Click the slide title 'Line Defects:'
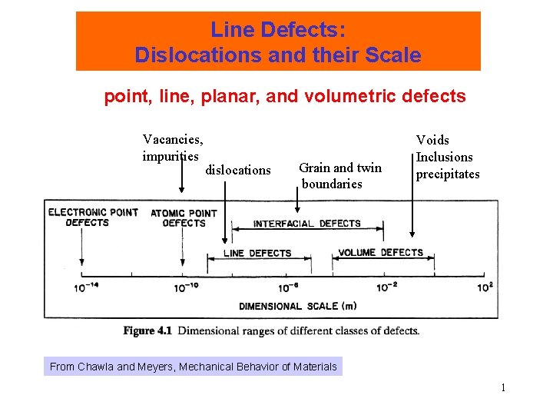pyautogui.click(x=278, y=31)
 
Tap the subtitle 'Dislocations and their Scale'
pyautogui.click(x=278, y=55)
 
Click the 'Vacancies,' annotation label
pyautogui.click(x=173, y=140)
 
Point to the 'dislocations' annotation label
pyautogui.click(x=238, y=170)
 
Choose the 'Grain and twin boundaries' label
pyautogui.click(x=339, y=176)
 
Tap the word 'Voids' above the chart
pyautogui.click(x=432, y=140)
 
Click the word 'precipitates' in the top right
pyautogui.click(x=448, y=174)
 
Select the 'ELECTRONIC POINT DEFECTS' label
pyautogui.click(x=93, y=217)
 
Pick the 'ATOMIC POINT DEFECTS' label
pyautogui.click(x=184, y=218)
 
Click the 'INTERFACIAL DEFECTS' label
pyautogui.click(x=307, y=224)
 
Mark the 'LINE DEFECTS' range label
pyautogui.click(x=257, y=253)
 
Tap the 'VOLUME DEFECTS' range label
pyautogui.click(x=381, y=253)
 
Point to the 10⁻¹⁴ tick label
pyautogui.click(x=87, y=287)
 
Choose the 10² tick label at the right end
pyautogui.click(x=485, y=287)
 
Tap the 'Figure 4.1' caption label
pyautogui.click(x=147, y=331)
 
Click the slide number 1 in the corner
pyautogui.click(x=503, y=388)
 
